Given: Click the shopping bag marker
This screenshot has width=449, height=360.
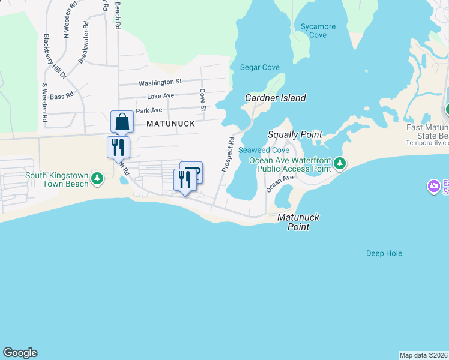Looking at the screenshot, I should pyautogui.click(x=122, y=122).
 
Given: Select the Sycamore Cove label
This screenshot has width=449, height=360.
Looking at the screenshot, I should pyautogui.click(x=318, y=31).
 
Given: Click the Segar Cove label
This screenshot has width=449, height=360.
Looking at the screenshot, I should pyautogui.click(x=260, y=68).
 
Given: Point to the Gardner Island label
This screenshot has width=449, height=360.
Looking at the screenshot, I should pyautogui.click(x=276, y=98).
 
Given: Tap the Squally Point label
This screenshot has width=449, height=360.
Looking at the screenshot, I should pyautogui.click(x=295, y=135).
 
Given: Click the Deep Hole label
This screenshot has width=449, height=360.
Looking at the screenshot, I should pyautogui.click(x=384, y=253).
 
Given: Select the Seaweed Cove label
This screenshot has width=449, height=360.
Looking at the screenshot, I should pyautogui.click(x=264, y=150).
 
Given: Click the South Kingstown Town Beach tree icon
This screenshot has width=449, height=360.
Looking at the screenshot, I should pyautogui.click(x=97, y=178).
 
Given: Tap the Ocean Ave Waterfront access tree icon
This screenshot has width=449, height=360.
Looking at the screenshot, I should pyautogui.click(x=340, y=163).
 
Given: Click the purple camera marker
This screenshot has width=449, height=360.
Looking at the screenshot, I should pyautogui.click(x=433, y=187).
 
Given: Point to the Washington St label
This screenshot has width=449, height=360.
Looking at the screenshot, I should pyautogui.click(x=160, y=82).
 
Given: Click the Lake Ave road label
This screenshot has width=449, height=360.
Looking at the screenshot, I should pyautogui.click(x=160, y=96).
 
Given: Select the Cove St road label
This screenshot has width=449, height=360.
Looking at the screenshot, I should pyautogui.click(x=203, y=100).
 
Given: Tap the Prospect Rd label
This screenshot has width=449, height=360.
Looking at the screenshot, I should pyautogui.click(x=228, y=155).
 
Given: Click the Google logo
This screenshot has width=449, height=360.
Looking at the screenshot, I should pyautogui.click(x=20, y=353).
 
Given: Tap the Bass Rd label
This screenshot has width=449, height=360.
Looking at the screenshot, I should pyautogui.click(x=61, y=96).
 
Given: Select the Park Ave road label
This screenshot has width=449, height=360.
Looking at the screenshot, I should pyautogui.click(x=149, y=111).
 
